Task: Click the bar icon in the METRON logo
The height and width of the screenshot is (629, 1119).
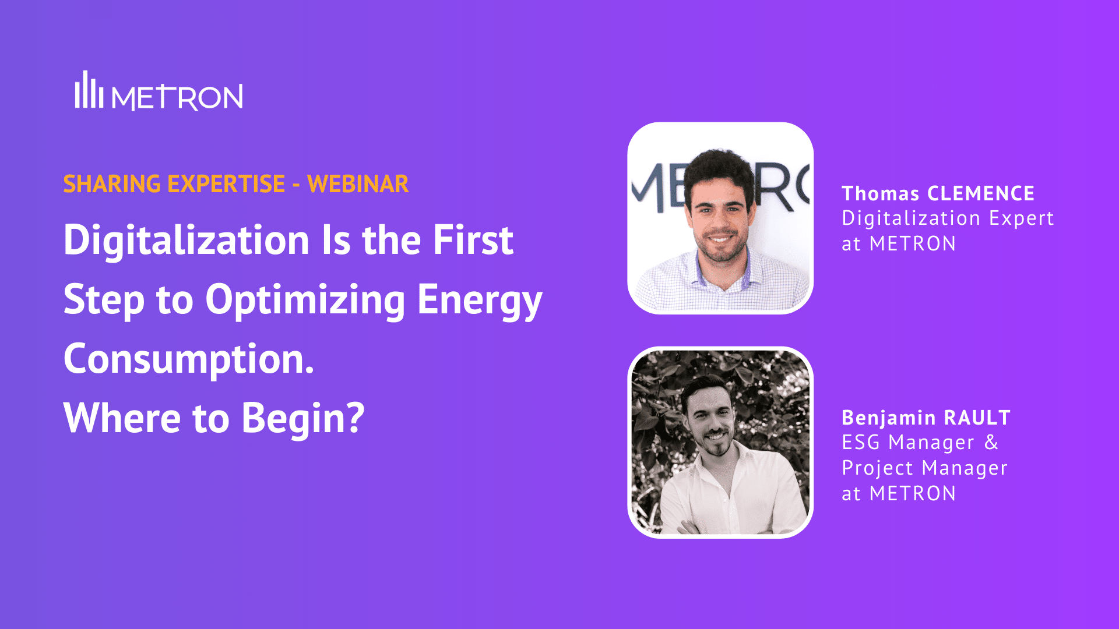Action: click(89, 91)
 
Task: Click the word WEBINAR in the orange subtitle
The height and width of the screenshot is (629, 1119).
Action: click(358, 184)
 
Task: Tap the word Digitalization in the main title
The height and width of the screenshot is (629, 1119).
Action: click(186, 241)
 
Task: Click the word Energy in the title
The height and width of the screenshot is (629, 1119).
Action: click(479, 300)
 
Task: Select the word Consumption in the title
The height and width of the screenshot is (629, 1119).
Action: click(188, 359)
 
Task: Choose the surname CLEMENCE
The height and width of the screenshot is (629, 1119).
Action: click(980, 193)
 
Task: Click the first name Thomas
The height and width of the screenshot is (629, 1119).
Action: click(880, 193)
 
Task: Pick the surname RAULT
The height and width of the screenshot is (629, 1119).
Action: click(977, 418)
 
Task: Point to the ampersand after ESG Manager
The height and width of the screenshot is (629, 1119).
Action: click(991, 443)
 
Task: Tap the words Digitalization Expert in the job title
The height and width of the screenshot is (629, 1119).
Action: click(948, 218)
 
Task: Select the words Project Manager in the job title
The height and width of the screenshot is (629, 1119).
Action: click(924, 468)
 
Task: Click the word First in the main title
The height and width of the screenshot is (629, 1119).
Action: click(473, 241)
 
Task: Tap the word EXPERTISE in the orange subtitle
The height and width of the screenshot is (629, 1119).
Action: click(226, 184)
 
